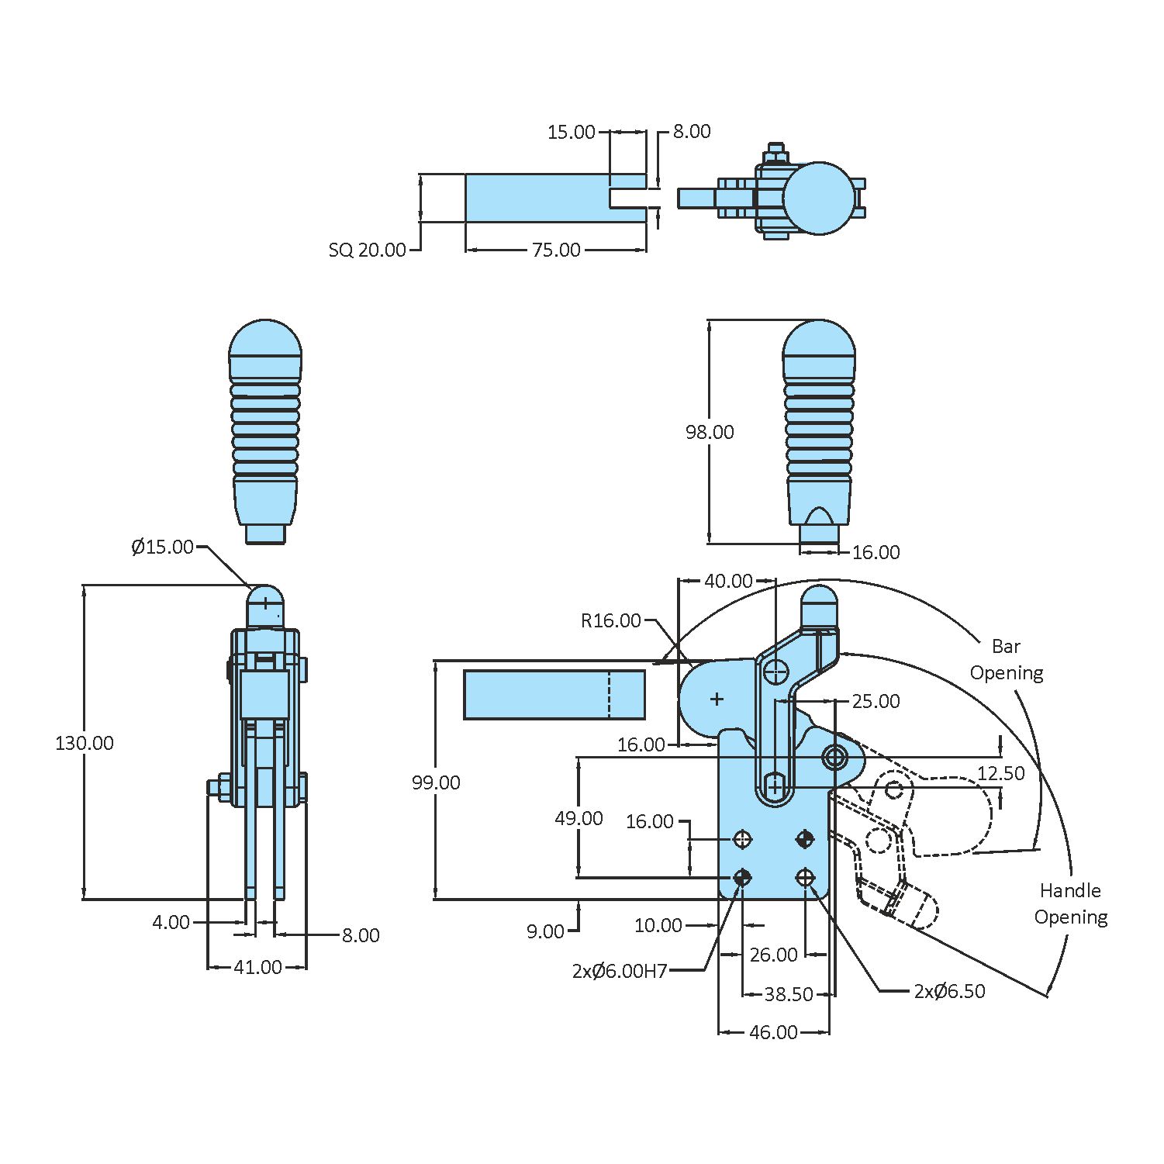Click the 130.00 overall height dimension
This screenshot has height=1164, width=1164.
pyautogui.click(x=84, y=743)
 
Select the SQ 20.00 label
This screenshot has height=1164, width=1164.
pyautogui.click(x=367, y=250)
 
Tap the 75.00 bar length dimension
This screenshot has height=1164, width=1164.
pyautogui.click(x=556, y=250)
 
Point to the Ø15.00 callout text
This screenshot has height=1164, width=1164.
pyautogui.click(x=162, y=547)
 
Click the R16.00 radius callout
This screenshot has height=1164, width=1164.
pyautogui.click(x=610, y=620)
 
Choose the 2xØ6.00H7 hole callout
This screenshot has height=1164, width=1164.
pyautogui.click(x=619, y=971)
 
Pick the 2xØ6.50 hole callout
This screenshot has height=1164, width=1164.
pyautogui.click(x=949, y=991)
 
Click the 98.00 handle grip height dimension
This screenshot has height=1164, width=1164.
pyautogui.click(x=709, y=432)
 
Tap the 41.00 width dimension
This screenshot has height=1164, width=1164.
pyautogui.click(x=257, y=967)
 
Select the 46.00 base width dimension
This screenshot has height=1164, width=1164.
pyautogui.click(x=773, y=1032)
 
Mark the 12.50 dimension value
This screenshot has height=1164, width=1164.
pyautogui.click(x=1000, y=773)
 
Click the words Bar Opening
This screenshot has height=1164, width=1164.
pyautogui.click(x=1007, y=659)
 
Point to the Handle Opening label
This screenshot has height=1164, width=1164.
pyautogui.click(x=1070, y=903)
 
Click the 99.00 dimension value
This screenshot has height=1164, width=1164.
pyautogui.click(x=436, y=782)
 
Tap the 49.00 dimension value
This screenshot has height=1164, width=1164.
pyautogui.click(x=579, y=818)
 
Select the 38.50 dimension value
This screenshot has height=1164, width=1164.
pyautogui.click(x=788, y=994)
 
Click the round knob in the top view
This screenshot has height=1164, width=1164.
pyautogui.click(x=819, y=198)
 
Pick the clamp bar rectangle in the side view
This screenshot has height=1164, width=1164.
pyautogui.click(x=554, y=695)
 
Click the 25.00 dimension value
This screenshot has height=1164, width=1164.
pyautogui.click(x=876, y=701)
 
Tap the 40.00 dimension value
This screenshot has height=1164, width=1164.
pyautogui.click(x=727, y=581)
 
